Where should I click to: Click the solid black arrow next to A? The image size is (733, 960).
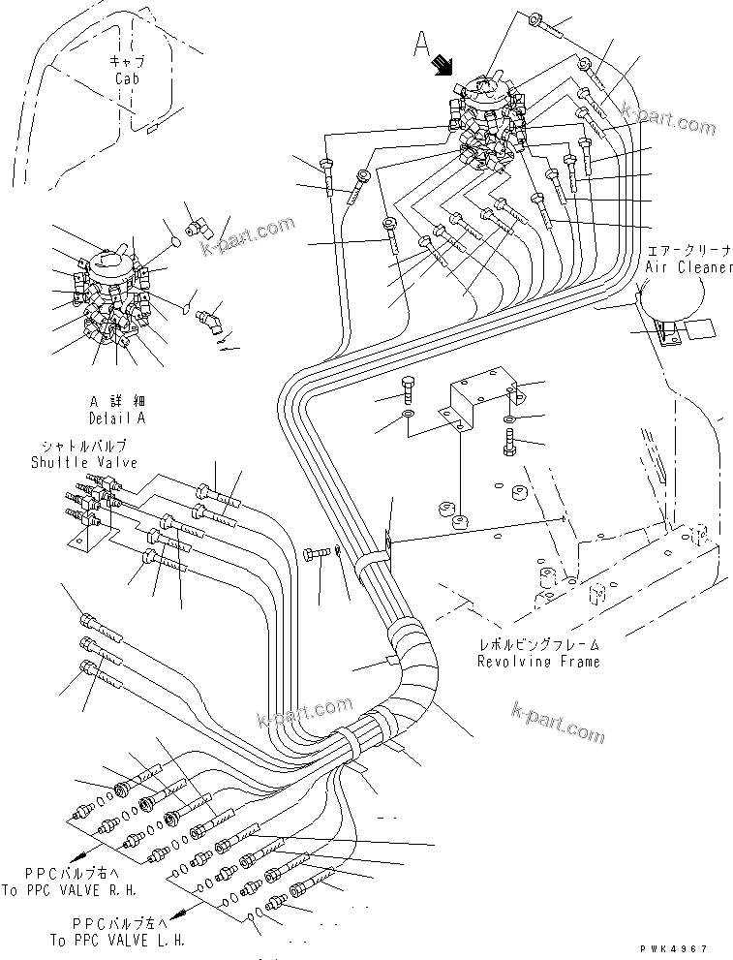(x=443, y=64)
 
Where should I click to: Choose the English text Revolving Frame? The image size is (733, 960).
(x=537, y=661)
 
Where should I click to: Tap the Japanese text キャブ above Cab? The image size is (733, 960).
(x=127, y=61)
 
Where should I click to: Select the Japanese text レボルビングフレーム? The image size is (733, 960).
(x=537, y=643)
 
